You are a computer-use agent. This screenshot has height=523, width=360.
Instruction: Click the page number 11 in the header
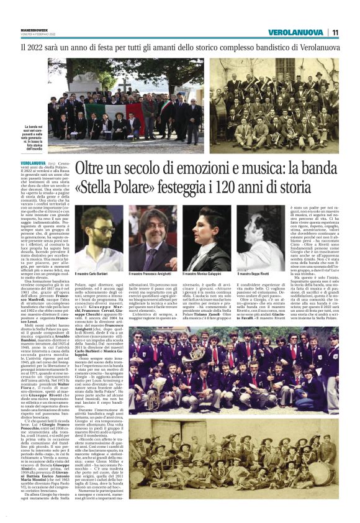(x=335, y=32)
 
